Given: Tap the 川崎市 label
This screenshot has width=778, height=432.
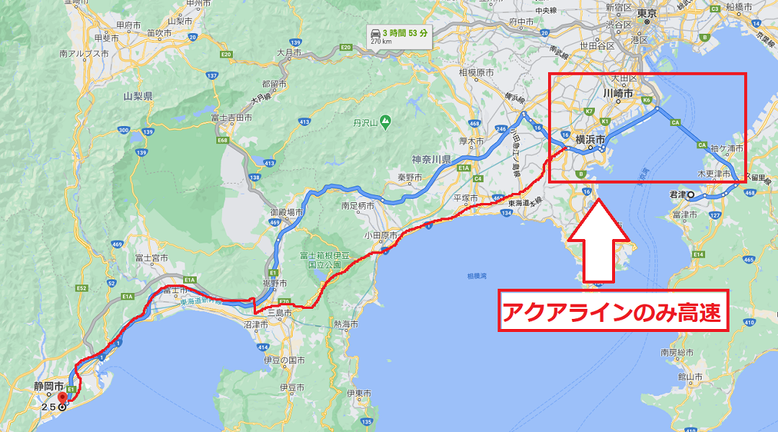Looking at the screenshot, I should [618, 94].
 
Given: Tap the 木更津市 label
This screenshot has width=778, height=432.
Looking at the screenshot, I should [713, 174].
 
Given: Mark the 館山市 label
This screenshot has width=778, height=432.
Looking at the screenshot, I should [690, 376].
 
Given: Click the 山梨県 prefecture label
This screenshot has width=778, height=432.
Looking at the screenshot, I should [136, 96].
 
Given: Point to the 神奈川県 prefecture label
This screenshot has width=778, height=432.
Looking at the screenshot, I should [431, 158].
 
